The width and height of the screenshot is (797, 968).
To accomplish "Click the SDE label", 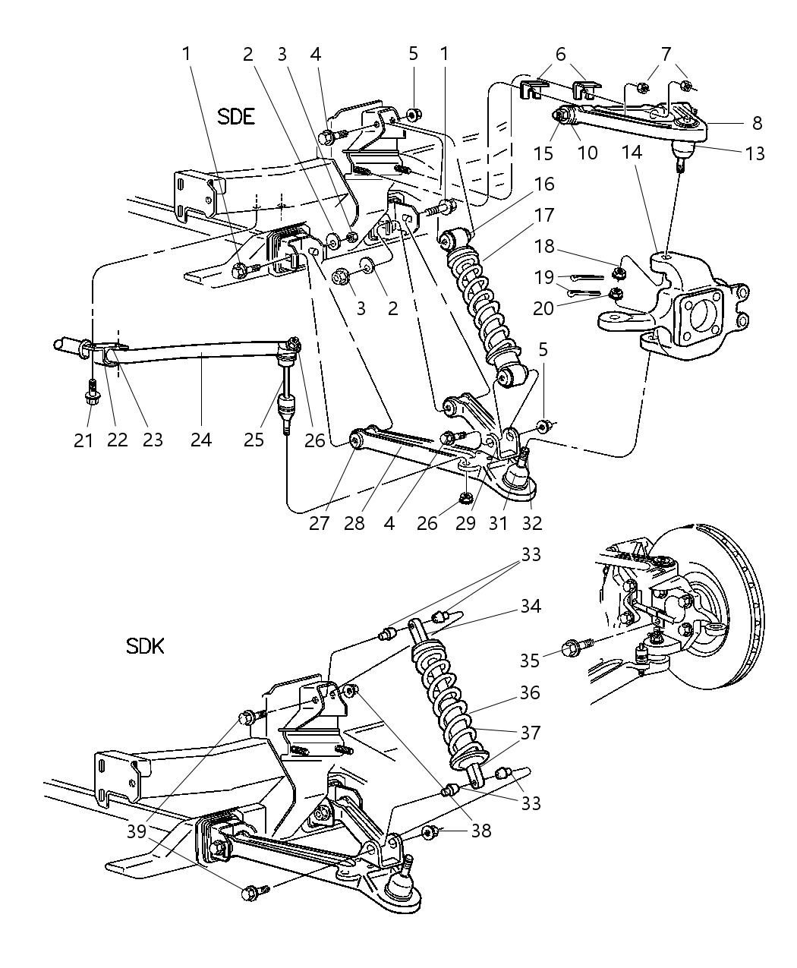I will [x=236, y=116].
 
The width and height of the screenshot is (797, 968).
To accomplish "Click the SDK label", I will [x=145, y=646].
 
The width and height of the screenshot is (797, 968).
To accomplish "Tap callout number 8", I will [x=757, y=122].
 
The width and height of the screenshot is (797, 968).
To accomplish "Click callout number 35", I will [x=530, y=660].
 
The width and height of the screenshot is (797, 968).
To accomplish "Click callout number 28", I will [x=354, y=522].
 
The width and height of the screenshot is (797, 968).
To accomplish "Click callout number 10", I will [x=588, y=153].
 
